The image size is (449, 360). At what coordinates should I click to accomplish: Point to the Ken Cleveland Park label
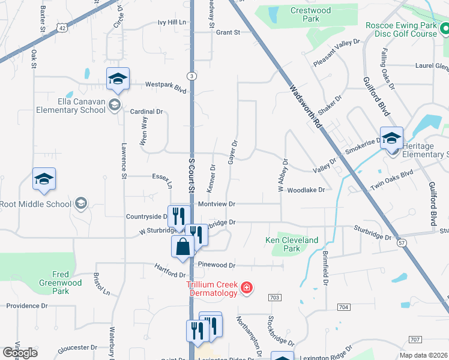(292, 244)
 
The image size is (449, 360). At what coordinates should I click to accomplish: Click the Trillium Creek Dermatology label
(212, 289)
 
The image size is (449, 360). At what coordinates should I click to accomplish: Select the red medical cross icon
(246, 289)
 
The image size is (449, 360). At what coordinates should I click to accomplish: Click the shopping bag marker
(182, 247)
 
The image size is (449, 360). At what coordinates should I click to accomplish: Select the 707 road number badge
(415, 340)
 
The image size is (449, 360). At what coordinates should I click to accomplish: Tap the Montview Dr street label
(216, 204)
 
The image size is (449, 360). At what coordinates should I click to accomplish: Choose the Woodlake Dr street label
(306, 190)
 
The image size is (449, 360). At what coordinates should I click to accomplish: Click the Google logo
(20, 353)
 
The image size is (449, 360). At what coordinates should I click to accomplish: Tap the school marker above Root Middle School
(44, 179)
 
